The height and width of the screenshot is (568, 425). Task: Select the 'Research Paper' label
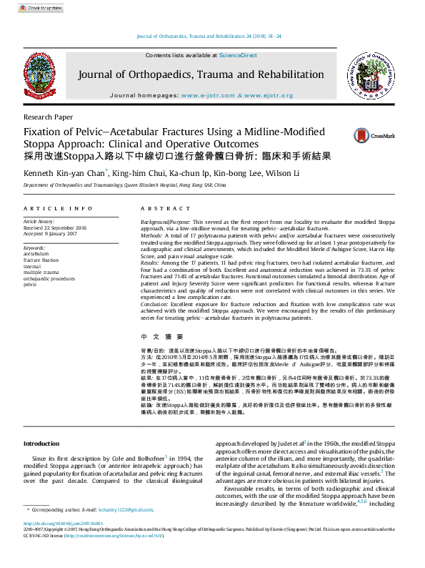48,116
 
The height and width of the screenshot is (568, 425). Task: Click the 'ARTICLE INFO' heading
58,208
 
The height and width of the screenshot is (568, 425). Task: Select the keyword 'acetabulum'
36,254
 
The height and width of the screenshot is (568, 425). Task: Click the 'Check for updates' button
41,8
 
